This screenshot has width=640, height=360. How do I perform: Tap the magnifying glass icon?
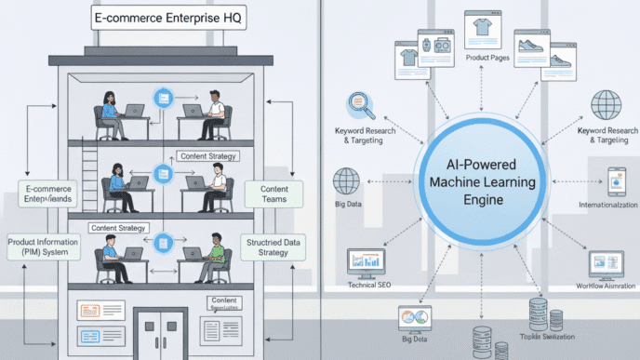pyautogui.click(x=360, y=105)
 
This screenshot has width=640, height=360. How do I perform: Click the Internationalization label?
pyautogui.click(x=607, y=204)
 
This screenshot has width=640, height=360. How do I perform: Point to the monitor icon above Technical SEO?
pyautogui.click(x=366, y=263)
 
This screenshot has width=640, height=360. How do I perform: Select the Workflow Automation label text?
pyautogui.click(x=605, y=287)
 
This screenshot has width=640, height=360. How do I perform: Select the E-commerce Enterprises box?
pyautogui.click(x=46, y=193)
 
